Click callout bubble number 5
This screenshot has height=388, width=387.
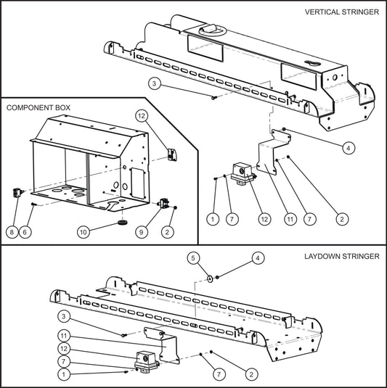[193, 257]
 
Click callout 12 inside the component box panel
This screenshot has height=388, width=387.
[142, 116]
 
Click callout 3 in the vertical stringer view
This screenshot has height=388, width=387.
[154, 85]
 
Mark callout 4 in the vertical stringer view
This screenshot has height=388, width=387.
[349, 147]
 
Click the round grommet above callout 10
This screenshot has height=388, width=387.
[122, 217]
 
